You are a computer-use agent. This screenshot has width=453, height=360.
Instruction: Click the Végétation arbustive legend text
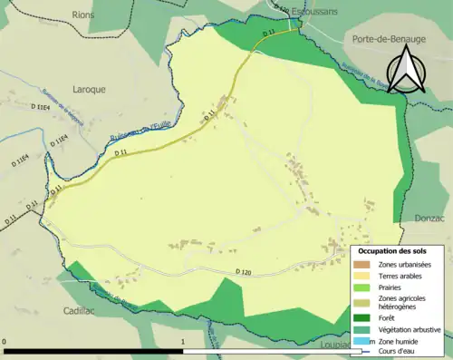point(407,329)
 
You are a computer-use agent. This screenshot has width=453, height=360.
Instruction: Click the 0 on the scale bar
point(5,343)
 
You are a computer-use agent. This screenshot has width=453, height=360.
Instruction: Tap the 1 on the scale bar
point(184,343)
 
